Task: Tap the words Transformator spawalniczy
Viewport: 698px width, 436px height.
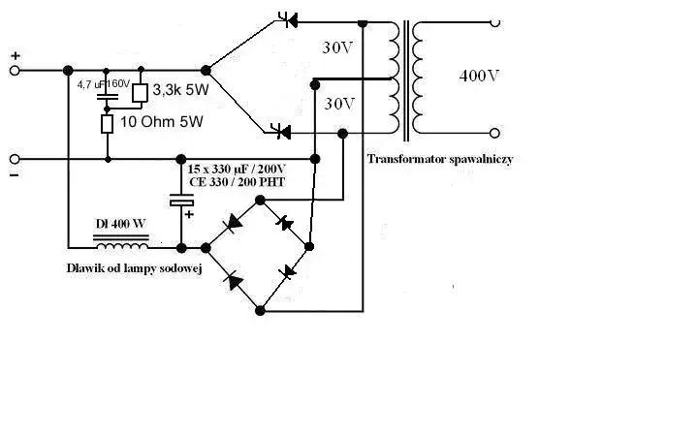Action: click(x=440, y=159)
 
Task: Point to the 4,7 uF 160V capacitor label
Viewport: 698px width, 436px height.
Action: click(x=104, y=84)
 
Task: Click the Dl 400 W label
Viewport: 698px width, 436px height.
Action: click(x=120, y=224)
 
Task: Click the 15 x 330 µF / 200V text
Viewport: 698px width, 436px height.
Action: click(x=250, y=169)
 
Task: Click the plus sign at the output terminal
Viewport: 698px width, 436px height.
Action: click(x=15, y=56)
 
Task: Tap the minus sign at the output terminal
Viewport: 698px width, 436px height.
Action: click(x=15, y=175)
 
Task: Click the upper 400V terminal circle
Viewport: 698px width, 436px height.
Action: click(x=495, y=22)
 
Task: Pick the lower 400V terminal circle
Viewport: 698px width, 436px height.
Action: click(x=495, y=133)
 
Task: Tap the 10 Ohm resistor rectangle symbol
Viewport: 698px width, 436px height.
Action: click(x=108, y=124)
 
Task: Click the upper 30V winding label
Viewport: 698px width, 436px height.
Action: click(x=338, y=47)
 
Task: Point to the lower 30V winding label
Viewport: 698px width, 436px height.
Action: click(x=338, y=103)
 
